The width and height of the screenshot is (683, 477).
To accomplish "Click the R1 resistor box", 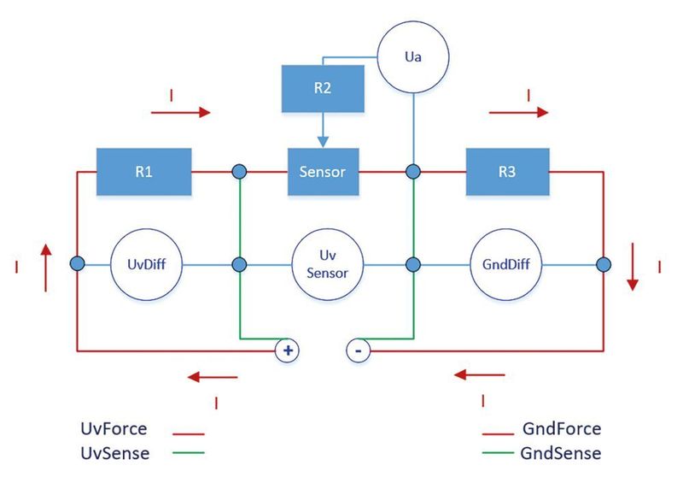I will (143, 171).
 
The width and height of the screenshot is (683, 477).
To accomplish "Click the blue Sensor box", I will (322, 171).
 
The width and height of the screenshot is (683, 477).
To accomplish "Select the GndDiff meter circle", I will (507, 265).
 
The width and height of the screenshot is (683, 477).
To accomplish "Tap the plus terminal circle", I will (287, 350).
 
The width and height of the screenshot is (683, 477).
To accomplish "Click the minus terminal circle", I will (359, 350).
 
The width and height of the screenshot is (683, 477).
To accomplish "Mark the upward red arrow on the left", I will (46, 256).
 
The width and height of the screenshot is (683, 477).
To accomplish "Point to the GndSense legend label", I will (560, 452).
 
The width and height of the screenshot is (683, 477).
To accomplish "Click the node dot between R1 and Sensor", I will (239, 172).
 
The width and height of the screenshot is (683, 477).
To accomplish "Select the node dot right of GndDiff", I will (604, 265).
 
